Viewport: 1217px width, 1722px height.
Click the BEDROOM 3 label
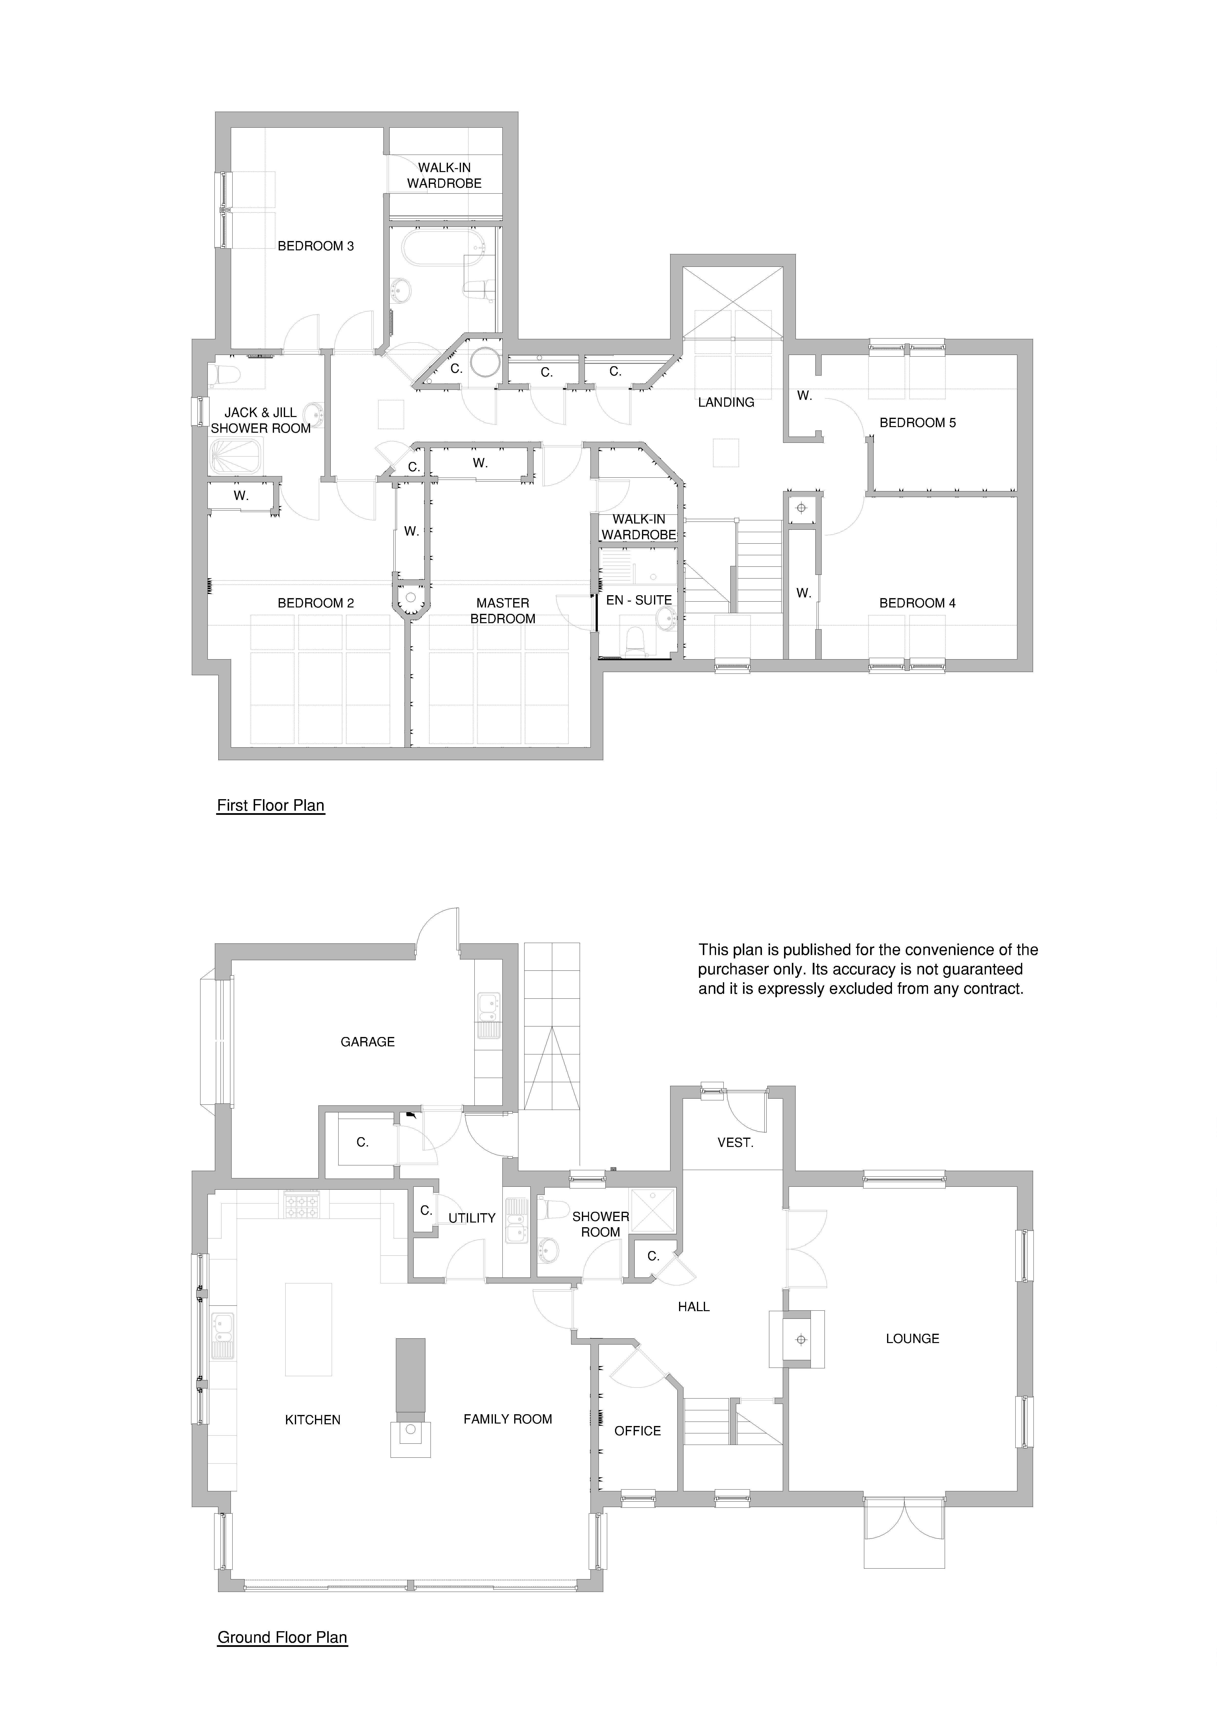(x=316, y=246)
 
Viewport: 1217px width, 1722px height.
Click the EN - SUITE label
(x=639, y=600)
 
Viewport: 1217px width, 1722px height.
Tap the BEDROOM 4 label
(x=918, y=603)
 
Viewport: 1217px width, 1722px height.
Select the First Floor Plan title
(x=271, y=806)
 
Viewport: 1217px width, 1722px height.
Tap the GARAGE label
(x=367, y=1042)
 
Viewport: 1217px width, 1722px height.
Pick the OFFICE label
(x=637, y=1431)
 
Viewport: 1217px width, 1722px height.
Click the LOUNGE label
(x=913, y=1339)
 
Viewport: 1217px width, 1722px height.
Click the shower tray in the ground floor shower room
(x=653, y=1211)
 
